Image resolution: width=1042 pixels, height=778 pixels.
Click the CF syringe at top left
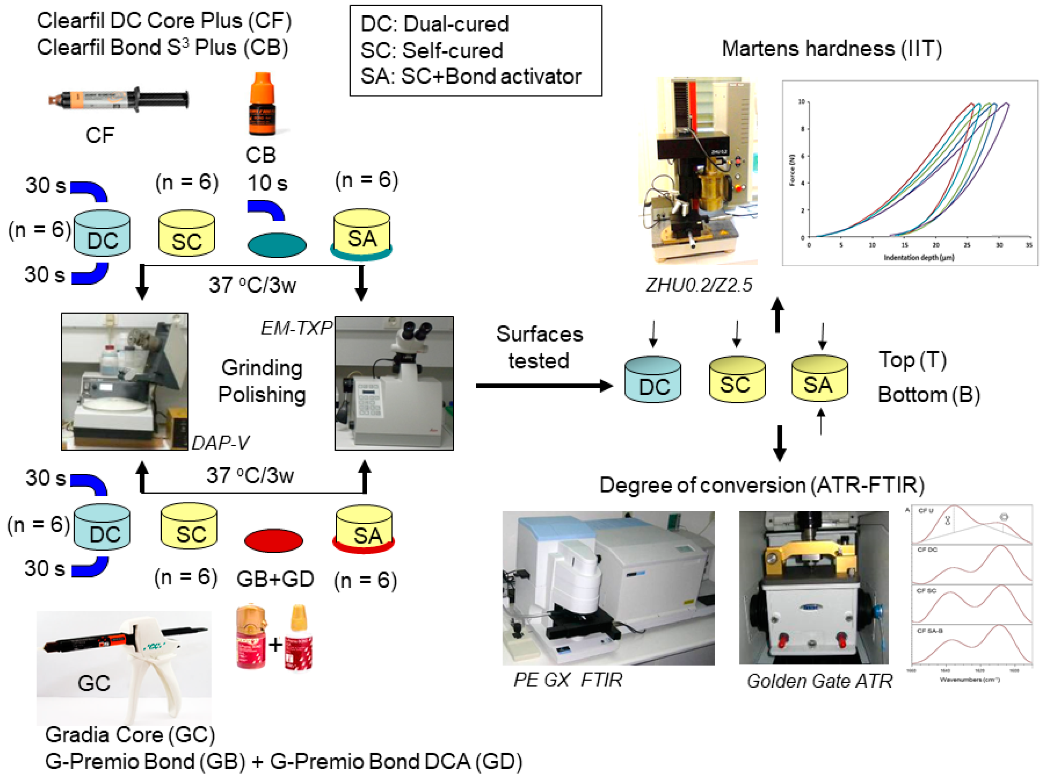pos(119,100)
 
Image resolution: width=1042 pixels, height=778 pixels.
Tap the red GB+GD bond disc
pos(273,540)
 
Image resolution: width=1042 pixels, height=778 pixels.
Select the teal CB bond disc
pos(277,245)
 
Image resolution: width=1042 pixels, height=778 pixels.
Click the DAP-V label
pos(220,443)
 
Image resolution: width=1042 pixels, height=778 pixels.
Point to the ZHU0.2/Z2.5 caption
pos(699,285)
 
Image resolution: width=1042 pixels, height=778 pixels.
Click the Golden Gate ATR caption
pos(819,681)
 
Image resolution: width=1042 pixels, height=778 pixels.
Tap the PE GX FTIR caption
pos(567,680)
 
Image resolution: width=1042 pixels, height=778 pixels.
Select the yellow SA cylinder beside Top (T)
pos(819,379)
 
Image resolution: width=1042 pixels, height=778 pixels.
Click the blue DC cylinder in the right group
pos(652,380)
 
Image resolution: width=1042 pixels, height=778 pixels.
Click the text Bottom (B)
pos(928,395)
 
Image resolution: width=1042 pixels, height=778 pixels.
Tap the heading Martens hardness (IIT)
pos(832,49)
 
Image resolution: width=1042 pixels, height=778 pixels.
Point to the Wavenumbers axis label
pos(969,680)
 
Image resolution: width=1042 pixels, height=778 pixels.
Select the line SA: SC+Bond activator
pos(471,76)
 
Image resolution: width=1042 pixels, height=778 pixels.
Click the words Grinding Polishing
pos(262,381)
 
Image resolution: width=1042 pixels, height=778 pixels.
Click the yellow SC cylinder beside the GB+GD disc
pos(189,526)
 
